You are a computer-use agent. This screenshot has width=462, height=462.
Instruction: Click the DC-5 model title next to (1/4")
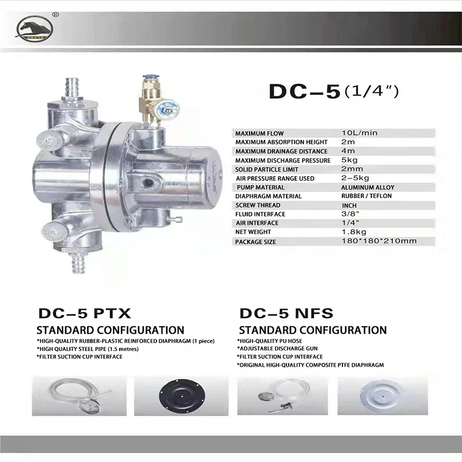(x=303, y=92)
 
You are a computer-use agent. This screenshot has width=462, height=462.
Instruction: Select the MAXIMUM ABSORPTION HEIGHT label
(x=273, y=142)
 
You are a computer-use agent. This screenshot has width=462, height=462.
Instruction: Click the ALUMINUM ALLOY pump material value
(x=368, y=188)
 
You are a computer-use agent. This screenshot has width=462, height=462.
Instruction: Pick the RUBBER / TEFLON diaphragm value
(x=367, y=196)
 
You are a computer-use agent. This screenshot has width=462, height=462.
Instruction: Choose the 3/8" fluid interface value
(x=349, y=214)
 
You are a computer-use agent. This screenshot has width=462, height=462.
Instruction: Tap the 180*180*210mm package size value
(x=379, y=241)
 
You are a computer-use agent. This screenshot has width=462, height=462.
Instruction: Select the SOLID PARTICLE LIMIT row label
(x=267, y=169)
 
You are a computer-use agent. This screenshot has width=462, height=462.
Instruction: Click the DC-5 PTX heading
(x=85, y=314)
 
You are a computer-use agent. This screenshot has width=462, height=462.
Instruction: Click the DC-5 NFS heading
(x=286, y=314)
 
